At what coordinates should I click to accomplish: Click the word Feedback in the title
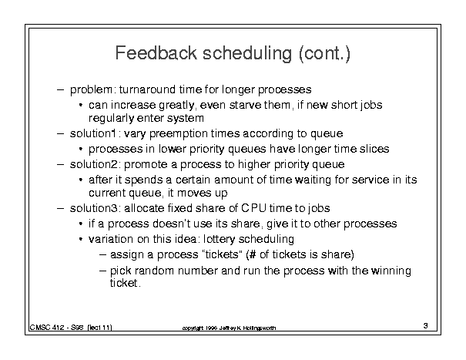click(156, 53)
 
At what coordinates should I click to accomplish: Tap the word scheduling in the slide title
click(247, 54)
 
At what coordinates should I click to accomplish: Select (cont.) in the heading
click(325, 54)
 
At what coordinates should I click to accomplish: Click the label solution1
click(92, 133)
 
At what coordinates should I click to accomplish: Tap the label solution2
click(94, 164)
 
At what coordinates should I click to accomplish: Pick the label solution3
click(94, 208)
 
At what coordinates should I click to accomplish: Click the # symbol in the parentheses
click(253, 254)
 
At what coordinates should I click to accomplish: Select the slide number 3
click(426, 326)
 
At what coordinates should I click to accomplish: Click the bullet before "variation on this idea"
click(81, 239)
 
